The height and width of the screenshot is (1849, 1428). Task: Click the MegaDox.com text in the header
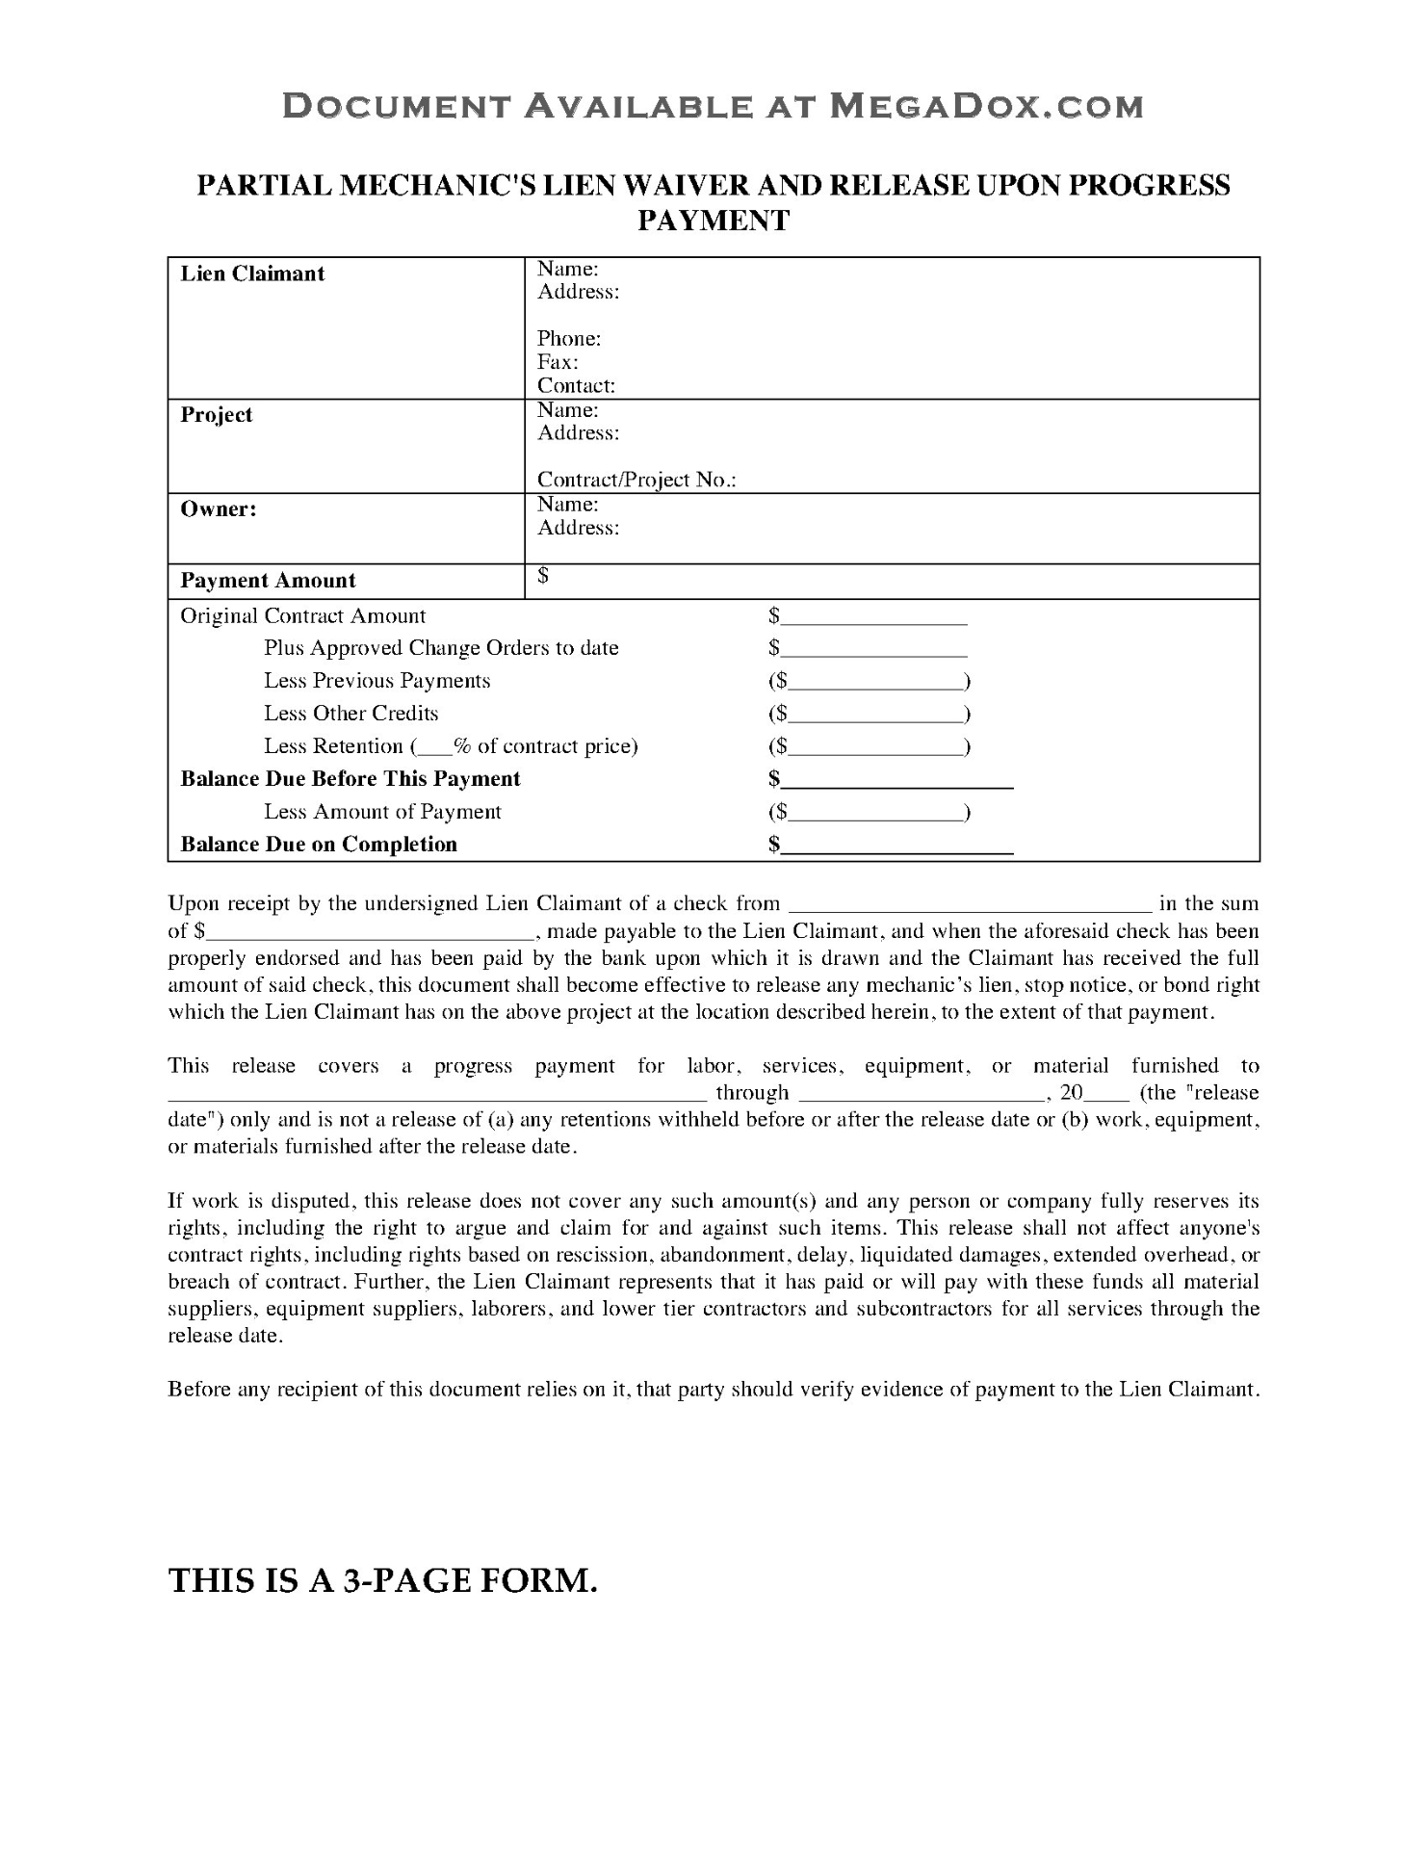click(x=986, y=106)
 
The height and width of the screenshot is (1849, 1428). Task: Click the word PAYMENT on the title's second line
click(x=714, y=221)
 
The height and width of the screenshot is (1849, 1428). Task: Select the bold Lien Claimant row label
click(x=252, y=273)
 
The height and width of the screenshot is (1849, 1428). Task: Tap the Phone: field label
click(x=569, y=338)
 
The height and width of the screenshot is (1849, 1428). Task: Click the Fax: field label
click(x=558, y=362)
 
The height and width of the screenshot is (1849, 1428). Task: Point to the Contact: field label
click(x=576, y=386)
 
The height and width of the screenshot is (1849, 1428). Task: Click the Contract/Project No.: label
click(x=636, y=480)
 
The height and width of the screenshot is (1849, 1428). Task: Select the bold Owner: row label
click(x=219, y=509)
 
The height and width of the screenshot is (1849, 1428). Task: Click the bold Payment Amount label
click(x=268, y=580)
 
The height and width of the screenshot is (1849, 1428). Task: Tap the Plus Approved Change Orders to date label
click(x=441, y=648)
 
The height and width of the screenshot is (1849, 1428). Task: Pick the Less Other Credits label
click(x=351, y=714)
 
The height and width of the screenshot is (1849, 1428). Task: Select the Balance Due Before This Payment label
click(x=351, y=779)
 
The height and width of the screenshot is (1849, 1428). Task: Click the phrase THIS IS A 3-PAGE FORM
click(x=383, y=1580)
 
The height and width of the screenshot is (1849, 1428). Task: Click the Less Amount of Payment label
click(x=382, y=812)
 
